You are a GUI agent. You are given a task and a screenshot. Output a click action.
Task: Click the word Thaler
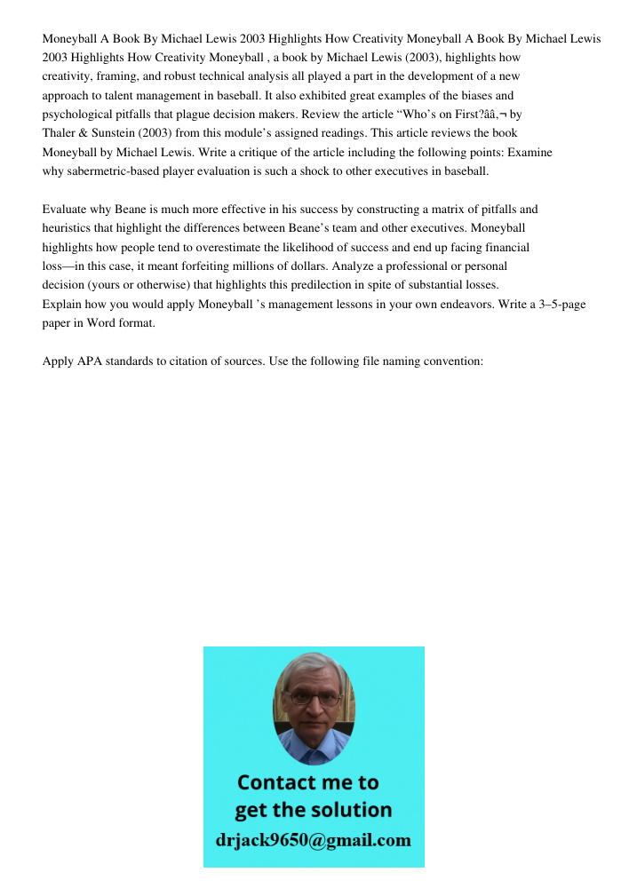59,133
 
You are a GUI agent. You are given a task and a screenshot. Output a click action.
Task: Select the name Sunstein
114,133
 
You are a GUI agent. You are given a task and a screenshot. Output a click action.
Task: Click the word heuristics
68,228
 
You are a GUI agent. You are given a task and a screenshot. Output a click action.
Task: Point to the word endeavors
420,305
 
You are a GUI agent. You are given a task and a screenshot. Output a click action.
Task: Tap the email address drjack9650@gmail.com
313,840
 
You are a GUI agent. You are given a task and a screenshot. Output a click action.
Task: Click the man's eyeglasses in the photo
314,698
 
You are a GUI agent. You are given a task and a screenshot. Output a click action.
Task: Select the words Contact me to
308,782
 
